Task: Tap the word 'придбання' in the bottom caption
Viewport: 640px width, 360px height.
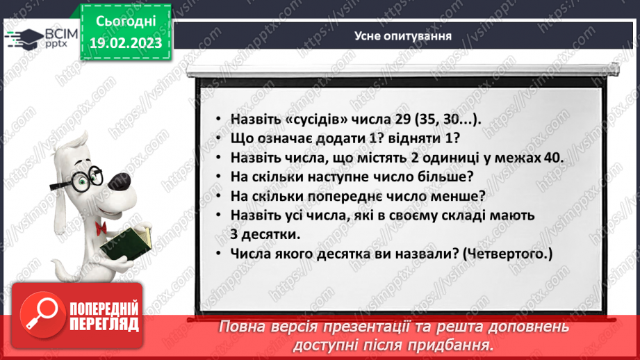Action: click(445, 345)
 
